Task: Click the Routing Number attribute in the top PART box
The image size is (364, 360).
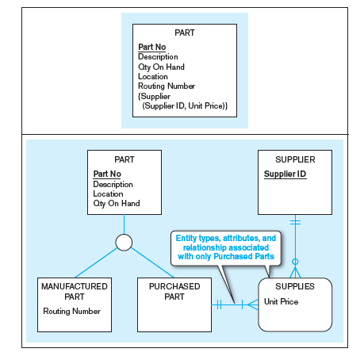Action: click(167, 86)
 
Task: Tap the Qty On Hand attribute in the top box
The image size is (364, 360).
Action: click(161, 67)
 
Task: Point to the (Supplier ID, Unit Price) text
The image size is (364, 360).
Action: click(185, 105)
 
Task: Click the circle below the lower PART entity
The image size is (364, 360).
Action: click(124, 243)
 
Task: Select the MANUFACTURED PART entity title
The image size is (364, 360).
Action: click(74, 290)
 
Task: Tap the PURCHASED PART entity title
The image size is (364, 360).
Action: click(174, 290)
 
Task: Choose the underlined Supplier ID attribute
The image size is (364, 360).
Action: click(285, 174)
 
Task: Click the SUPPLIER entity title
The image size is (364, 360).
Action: click(294, 160)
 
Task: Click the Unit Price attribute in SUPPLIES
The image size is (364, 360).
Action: click(282, 301)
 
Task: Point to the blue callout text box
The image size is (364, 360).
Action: click(224, 247)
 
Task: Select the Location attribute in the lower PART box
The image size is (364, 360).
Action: click(108, 194)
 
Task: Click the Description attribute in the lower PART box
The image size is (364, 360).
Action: click(113, 185)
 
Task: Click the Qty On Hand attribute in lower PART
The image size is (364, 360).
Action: click(116, 204)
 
